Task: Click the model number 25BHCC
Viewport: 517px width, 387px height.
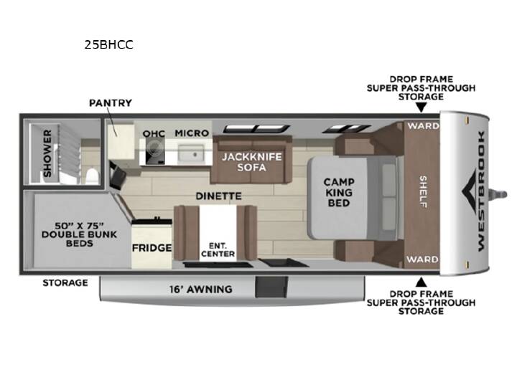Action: click(109, 44)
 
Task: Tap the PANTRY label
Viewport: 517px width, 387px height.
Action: click(111, 103)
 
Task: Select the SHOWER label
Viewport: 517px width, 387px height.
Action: click(48, 153)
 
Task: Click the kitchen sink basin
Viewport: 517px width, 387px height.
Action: click(191, 154)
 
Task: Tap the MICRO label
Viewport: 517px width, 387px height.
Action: click(192, 133)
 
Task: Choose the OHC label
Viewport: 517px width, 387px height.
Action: click(154, 133)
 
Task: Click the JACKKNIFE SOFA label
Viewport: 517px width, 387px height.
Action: click(252, 162)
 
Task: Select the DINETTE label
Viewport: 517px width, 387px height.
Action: click(218, 196)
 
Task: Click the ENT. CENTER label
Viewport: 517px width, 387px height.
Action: click(218, 250)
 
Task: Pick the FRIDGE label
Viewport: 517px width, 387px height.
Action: click(152, 248)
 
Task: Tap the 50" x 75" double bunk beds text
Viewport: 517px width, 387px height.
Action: click(80, 234)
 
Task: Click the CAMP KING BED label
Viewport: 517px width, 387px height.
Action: click(339, 193)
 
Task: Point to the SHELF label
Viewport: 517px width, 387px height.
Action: click(423, 191)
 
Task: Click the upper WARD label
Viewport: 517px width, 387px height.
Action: click(424, 125)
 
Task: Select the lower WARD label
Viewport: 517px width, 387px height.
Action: click(422, 259)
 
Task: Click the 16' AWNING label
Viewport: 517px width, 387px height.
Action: click(201, 290)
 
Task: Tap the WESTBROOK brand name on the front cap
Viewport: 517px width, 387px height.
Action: click(481, 191)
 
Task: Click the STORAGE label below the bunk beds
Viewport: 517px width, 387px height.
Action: click(65, 282)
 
